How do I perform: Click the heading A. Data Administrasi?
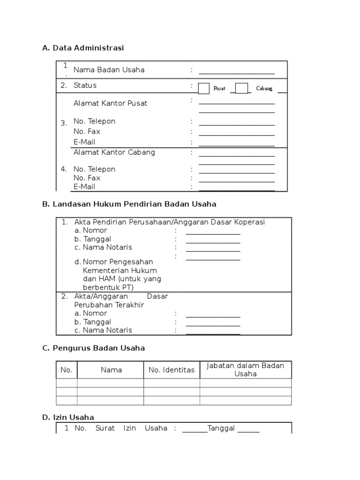[83, 48]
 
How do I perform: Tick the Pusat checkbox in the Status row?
[204, 88]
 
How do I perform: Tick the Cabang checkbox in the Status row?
[241, 88]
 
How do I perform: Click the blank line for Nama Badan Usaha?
[237, 71]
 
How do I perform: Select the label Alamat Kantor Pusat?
[110, 103]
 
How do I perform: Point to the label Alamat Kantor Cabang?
[114, 152]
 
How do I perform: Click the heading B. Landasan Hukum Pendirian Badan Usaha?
[129, 204]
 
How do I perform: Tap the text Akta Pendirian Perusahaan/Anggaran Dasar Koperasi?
[169, 222]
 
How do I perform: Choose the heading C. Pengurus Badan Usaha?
[93, 348]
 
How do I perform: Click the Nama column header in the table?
[111, 370]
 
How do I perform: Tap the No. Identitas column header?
[172, 370]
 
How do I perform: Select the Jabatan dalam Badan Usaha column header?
[246, 370]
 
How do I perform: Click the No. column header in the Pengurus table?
[67, 370]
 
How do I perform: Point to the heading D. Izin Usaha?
[68, 417]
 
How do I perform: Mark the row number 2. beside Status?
[64, 85]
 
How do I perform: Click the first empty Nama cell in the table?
[111, 383]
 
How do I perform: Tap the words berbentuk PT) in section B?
[108, 287]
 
